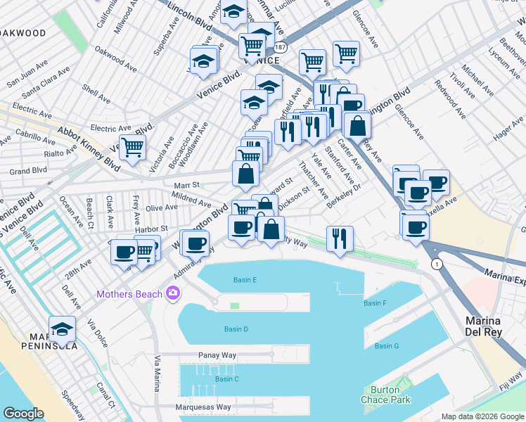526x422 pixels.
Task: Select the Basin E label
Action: point(245,280)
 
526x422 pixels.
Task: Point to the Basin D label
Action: point(236,329)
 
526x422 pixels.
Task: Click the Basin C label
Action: point(227,379)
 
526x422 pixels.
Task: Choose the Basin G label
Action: point(387,346)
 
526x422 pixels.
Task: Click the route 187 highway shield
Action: point(281,47)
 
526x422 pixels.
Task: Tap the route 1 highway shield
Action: point(437,263)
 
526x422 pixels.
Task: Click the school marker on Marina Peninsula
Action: point(63,328)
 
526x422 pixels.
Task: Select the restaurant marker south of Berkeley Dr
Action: point(340,238)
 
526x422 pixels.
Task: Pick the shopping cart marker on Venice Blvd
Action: point(131,148)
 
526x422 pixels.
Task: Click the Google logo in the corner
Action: point(23,414)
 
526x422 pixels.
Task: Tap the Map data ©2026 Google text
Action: point(482,416)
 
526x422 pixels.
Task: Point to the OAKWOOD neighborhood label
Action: point(23,33)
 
